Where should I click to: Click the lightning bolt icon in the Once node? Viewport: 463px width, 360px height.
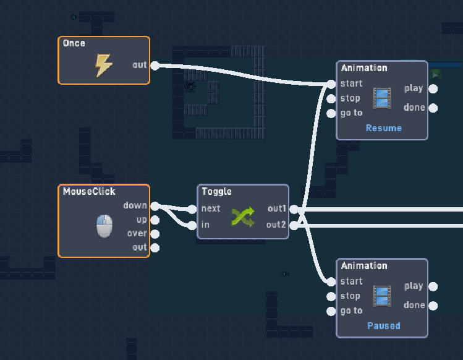103,65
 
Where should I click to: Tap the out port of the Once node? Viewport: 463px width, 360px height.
155,66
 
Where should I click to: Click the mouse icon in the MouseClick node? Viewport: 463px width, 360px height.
104,226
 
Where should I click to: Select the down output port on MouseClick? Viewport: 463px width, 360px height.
155,206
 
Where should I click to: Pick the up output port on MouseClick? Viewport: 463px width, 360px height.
155,220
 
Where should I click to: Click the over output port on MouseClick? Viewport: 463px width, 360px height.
155,234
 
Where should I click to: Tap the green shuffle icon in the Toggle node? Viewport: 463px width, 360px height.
242,216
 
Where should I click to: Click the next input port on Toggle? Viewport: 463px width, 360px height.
193,209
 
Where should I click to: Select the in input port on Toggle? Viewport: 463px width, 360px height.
193,225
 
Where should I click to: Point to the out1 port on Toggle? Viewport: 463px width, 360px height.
294,209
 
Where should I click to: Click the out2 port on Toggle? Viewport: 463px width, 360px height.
294,225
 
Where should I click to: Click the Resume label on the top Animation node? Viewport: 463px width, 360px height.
383,128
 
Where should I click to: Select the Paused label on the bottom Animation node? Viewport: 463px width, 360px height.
383,325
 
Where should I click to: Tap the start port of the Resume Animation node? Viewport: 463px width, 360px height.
332,84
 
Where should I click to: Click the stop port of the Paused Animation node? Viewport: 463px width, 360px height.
332,296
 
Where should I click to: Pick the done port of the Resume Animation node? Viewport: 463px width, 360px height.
433,108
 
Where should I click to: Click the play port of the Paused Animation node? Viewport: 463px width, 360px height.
433,286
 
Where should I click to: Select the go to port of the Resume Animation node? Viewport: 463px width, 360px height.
332,113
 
